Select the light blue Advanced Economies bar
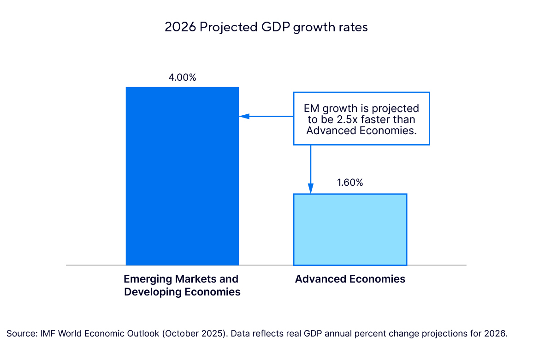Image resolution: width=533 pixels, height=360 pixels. [350, 230]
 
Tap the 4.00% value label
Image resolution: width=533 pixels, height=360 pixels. [182, 77]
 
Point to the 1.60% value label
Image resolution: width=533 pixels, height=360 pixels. [350, 183]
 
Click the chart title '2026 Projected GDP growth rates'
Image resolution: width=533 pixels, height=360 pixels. [266, 27]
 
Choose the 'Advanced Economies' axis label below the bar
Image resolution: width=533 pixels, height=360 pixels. [350, 279]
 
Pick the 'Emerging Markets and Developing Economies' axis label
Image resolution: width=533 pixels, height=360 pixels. [182, 285]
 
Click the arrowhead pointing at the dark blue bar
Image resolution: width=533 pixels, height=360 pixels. [243, 116]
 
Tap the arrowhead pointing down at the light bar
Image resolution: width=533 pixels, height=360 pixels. [311, 189]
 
